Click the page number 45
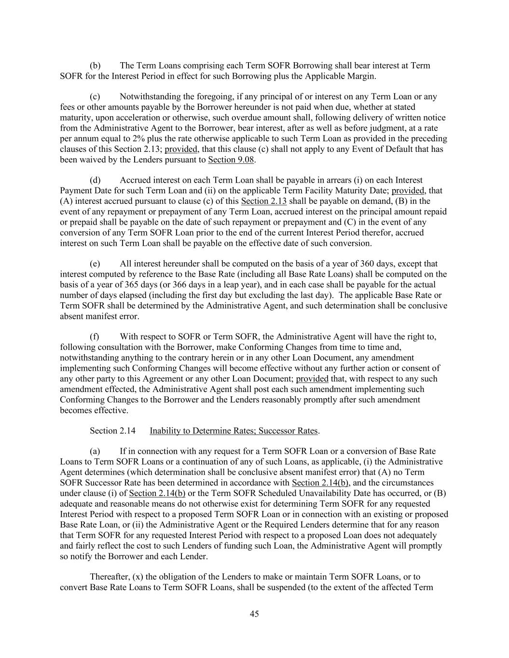point(254,614)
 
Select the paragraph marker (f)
point(95,336)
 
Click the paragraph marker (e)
point(95,264)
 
